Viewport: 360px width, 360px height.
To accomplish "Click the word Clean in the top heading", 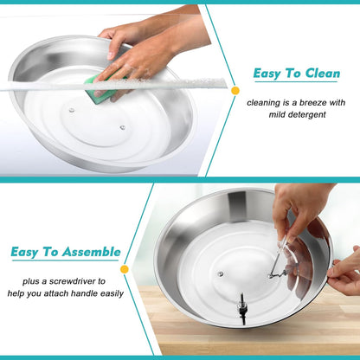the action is click(323, 74).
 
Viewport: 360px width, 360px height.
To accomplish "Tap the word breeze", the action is click(313, 103).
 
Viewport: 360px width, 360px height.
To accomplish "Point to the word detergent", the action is click(307, 115).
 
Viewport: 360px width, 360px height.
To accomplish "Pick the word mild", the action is click(277, 115).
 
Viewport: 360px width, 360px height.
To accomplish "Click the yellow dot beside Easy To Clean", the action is click(235, 91).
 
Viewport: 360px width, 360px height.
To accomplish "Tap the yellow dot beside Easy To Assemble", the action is click(125, 269).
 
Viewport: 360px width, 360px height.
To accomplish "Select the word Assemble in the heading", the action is click(92, 252).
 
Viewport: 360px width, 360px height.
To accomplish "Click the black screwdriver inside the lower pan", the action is click(241, 309).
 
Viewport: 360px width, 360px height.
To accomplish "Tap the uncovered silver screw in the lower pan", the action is click(221, 273).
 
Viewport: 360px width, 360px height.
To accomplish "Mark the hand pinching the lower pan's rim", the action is click(344, 272).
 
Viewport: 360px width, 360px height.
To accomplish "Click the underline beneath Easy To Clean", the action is click(296, 82).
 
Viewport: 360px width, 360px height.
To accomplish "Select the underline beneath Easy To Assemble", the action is click(65, 260).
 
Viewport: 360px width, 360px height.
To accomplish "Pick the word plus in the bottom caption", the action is click(30, 281).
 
